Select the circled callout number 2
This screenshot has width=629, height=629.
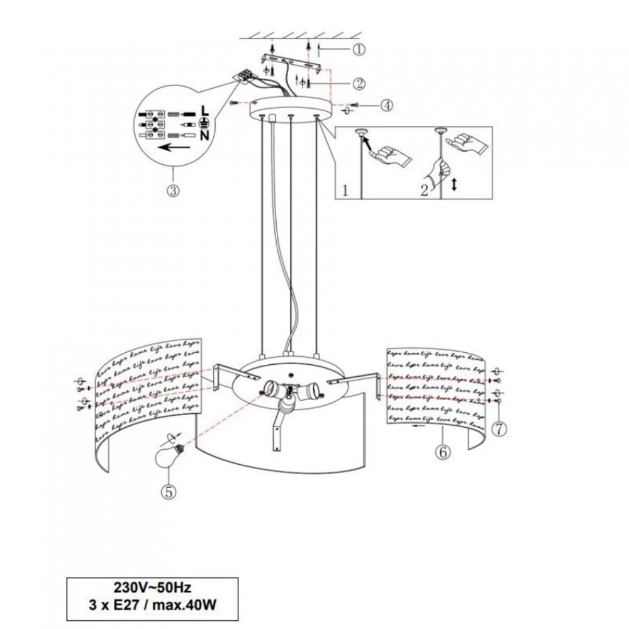[359, 82]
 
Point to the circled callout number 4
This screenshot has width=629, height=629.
[386, 106]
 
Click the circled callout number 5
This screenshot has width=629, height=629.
[168, 492]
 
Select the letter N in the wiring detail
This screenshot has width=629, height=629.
[204, 135]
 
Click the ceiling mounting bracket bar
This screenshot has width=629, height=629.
[292, 63]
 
